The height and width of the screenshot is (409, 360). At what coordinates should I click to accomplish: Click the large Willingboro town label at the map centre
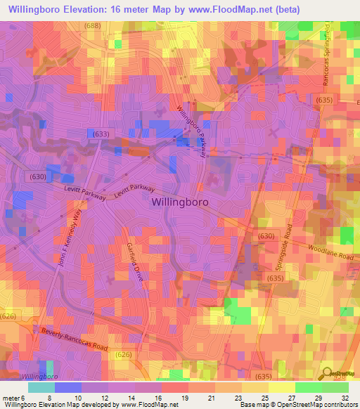[x=180, y=201]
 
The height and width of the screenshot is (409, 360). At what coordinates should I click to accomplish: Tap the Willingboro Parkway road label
[x=192, y=131]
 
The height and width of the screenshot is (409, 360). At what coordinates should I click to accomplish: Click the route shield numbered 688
[x=91, y=26]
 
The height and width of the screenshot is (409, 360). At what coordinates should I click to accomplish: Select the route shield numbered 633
[x=99, y=133]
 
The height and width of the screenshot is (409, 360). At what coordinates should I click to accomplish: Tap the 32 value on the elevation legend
[x=345, y=397]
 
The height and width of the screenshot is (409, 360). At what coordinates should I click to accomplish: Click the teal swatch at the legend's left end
[x=41, y=387]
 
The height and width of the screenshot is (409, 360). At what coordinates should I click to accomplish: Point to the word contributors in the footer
[x=339, y=405]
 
